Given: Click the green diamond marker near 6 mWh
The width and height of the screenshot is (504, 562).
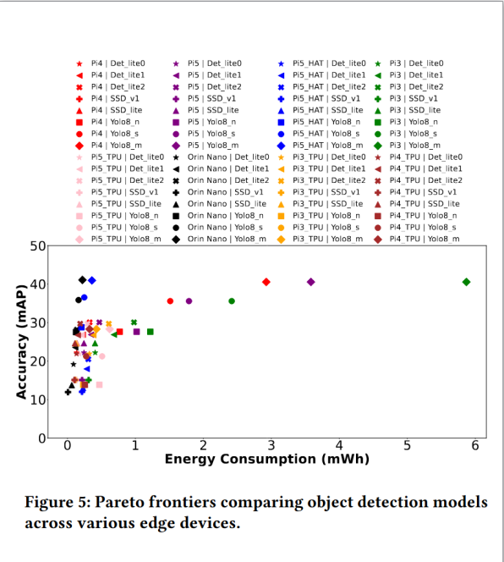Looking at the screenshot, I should click(x=466, y=282).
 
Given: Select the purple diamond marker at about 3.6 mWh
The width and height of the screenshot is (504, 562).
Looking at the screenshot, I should click(x=310, y=282).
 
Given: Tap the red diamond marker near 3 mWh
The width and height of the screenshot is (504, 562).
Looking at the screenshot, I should click(x=266, y=282).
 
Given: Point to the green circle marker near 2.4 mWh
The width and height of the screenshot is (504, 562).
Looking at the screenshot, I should click(x=232, y=301).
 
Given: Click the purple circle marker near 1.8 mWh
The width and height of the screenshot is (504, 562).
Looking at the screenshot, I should click(x=189, y=301).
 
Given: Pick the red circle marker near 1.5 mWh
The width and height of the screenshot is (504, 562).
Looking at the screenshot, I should click(x=170, y=301).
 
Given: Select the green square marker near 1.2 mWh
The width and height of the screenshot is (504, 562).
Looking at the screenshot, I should click(x=151, y=332).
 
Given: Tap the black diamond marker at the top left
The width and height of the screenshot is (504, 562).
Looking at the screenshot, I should click(x=82, y=280).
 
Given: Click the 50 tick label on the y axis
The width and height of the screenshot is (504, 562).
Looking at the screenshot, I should click(x=37, y=245).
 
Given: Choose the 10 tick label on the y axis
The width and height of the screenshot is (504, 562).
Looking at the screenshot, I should click(x=37, y=399).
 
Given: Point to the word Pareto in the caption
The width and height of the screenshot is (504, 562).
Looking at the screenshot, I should click(x=128, y=503).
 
